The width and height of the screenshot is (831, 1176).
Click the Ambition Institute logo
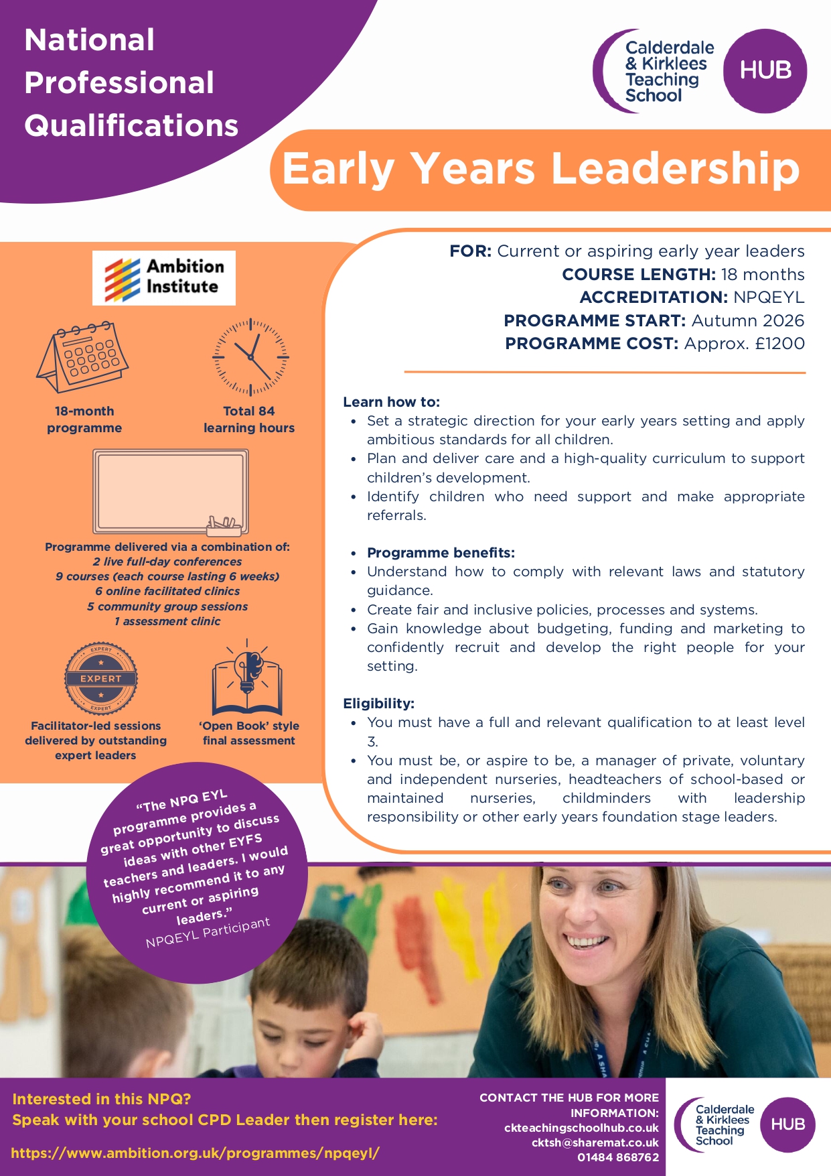(x=164, y=277)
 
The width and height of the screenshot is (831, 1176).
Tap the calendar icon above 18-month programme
(x=83, y=356)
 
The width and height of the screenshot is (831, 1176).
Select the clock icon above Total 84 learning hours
(x=250, y=357)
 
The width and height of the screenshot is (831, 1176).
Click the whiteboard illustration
(x=171, y=492)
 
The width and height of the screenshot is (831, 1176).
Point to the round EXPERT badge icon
(x=101, y=678)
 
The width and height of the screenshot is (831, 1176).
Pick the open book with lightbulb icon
(x=247, y=678)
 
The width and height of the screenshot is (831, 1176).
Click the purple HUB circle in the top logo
(x=765, y=70)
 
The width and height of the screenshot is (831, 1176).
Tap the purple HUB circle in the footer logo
(x=787, y=1124)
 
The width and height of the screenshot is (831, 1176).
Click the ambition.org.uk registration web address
(x=196, y=1153)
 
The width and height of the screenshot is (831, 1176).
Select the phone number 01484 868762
(x=618, y=1157)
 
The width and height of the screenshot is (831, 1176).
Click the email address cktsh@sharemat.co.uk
(x=595, y=1142)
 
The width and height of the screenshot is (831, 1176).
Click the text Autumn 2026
(x=748, y=320)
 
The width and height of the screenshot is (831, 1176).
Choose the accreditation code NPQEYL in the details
(x=769, y=298)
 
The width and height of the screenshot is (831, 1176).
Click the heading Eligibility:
(x=379, y=704)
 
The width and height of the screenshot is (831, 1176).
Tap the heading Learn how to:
(x=392, y=402)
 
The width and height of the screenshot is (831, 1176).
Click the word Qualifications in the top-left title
(x=132, y=125)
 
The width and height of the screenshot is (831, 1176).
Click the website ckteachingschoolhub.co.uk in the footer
(x=581, y=1128)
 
